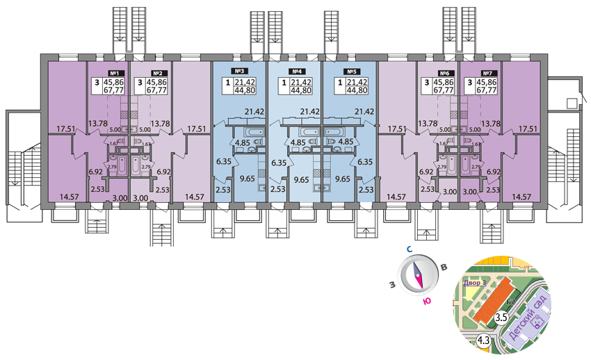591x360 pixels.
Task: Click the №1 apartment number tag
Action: pos(116,73)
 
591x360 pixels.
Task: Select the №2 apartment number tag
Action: pos(158,73)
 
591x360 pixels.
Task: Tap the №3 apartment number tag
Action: pos(240,71)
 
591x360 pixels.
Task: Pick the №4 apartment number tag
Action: pos(296,71)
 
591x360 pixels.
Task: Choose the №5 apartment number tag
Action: pos(352,71)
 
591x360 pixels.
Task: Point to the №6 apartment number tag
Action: pos(444,73)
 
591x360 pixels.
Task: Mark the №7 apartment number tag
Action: pos(486,73)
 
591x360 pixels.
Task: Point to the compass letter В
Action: pos(444,267)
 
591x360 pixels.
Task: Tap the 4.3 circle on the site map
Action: pos(484,340)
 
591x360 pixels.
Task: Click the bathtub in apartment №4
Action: pos(308,132)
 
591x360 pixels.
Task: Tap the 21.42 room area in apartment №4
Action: pos(309,111)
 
